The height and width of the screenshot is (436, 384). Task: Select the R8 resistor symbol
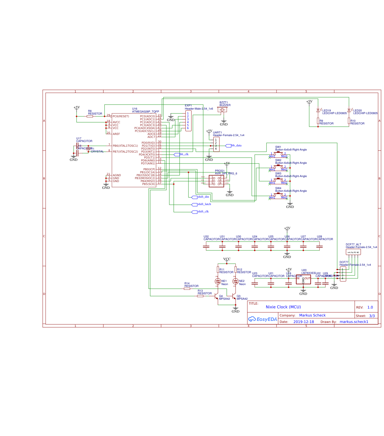pyautogui.click(x=90, y=116)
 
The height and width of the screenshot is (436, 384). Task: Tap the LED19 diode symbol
pyautogui.click(x=318, y=110)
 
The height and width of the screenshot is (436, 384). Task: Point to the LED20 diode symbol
pyautogui.click(x=349, y=110)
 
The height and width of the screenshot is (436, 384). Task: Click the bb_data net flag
pyautogui.click(x=228, y=146)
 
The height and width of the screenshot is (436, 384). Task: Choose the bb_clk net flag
pyautogui.click(x=177, y=155)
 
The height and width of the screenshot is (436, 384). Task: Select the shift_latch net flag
pyautogui.click(x=194, y=204)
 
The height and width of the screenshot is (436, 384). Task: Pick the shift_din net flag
pyautogui.click(x=194, y=197)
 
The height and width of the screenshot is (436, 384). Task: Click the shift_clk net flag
pyautogui.click(x=194, y=212)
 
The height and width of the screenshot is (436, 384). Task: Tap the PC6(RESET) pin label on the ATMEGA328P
pyautogui.click(x=121, y=116)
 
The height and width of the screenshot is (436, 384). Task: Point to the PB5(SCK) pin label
pyautogui.click(x=149, y=184)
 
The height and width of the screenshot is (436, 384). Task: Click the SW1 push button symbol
pyautogui.click(x=278, y=153)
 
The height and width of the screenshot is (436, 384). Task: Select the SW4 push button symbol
pyautogui.click(x=278, y=194)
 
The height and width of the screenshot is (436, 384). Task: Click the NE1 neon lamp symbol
pyautogui.click(x=218, y=281)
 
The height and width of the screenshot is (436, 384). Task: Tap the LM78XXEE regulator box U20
pyautogui.click(x=303, y=280)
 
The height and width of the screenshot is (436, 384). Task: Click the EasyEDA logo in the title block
pyautogui.click(x=263, y=319)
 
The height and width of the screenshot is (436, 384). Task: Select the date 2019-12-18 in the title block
pyautogui.click(x=304, y=322)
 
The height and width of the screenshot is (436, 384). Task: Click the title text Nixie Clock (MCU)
pyautogui.click(x=283, y=307)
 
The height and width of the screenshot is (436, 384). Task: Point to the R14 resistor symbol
pyautogui.click(x=187, y=289)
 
